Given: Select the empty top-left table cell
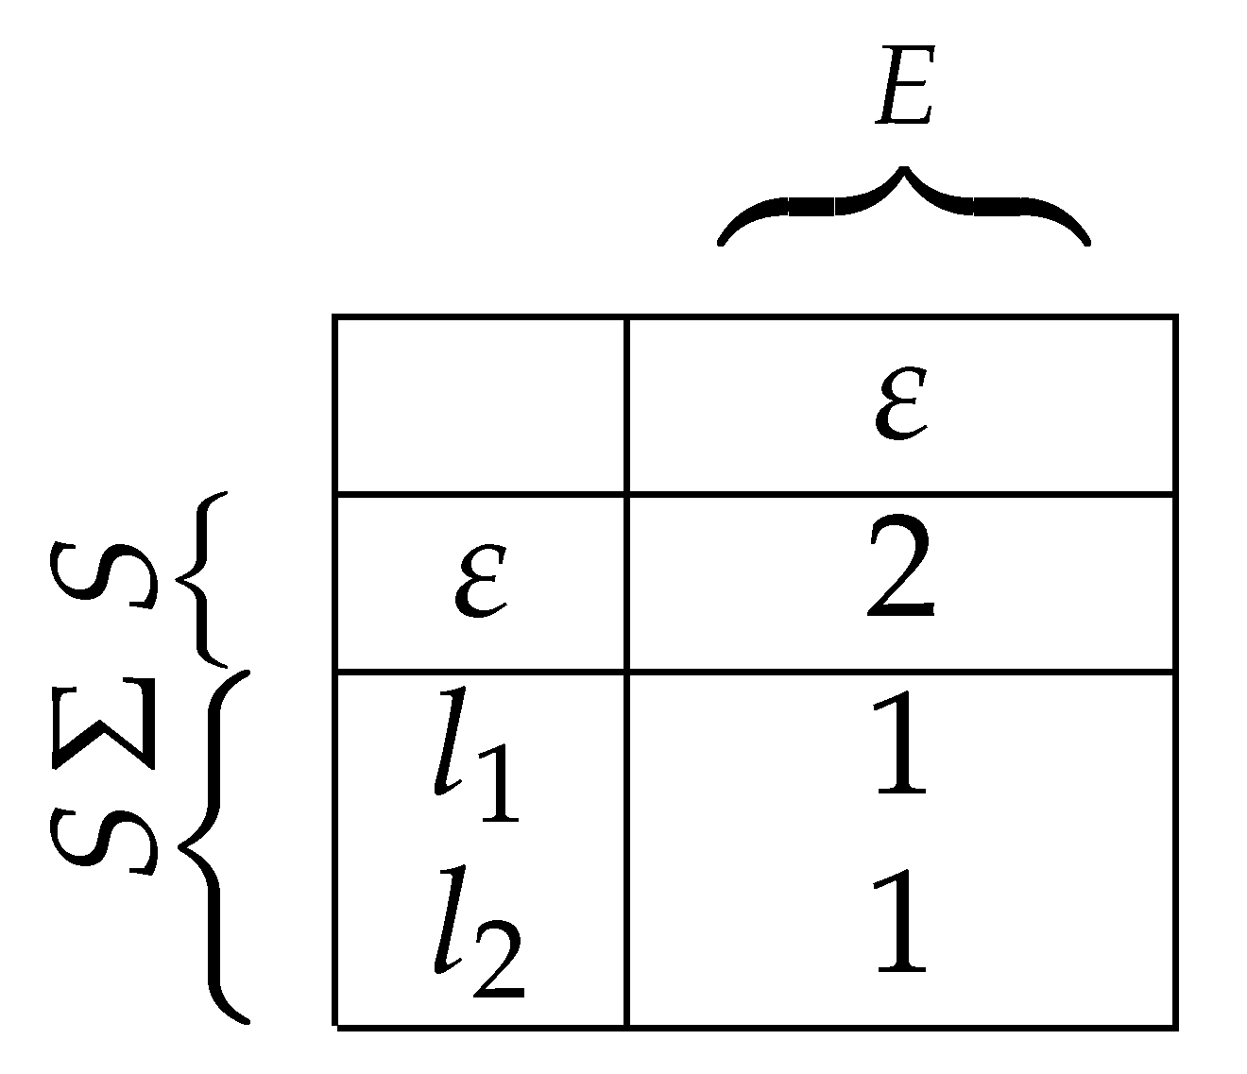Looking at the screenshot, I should pyautogui.click(x=480, y=405).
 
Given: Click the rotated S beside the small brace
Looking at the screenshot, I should pyautogui.click(x=102, y=573).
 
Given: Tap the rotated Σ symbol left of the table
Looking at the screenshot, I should pyautogui.click(x=102, y=721).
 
